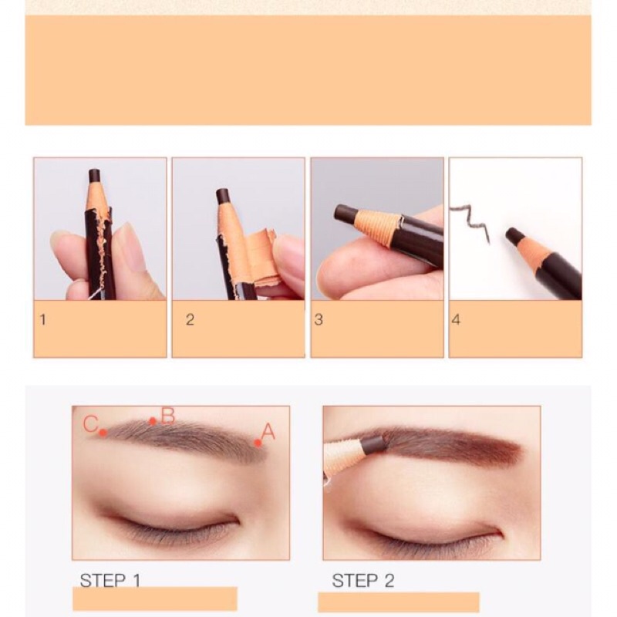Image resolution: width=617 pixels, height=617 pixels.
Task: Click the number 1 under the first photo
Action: (x=43, y=319)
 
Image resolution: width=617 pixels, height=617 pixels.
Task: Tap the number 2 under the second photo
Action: (x=190, y=320)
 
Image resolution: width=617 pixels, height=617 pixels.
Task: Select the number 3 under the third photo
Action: (x=319, y=320)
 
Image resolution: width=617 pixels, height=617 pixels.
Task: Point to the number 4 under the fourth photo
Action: (x=456, y=320)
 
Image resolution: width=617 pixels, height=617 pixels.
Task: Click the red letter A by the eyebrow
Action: (x=268, y=431)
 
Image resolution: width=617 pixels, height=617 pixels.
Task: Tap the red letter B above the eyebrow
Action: (x=168, y=416)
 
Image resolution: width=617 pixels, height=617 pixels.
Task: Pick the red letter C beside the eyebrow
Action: (x=90, y=423)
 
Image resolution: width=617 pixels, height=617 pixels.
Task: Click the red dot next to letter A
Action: (x=258, y=443)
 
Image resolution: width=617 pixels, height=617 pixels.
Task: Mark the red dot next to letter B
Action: (x=153, y=421)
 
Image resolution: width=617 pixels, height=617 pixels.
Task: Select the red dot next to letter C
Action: (x=103, y=433)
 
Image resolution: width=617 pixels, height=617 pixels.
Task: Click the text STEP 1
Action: (x=110, y=580)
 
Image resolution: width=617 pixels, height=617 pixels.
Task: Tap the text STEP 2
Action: (x=362, y=581)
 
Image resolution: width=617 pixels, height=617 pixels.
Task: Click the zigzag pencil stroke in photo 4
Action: (x=470, y=221)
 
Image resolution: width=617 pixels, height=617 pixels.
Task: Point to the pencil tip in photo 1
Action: (x=94, y=176)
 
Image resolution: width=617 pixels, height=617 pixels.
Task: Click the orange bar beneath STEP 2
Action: (x=399, y=602)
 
